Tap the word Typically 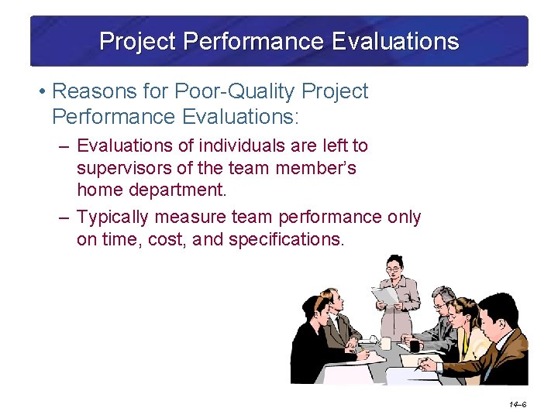114,217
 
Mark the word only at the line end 404,217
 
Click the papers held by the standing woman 386,295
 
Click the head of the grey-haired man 443,298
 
